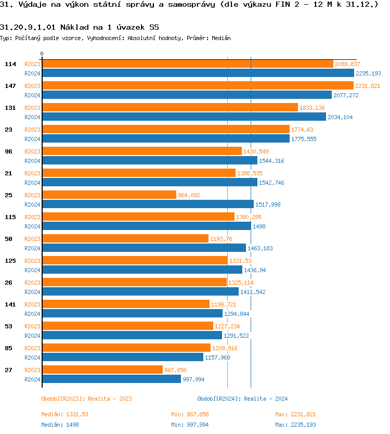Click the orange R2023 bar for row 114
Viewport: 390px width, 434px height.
click(x=187, y=64)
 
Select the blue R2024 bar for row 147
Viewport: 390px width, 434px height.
click(x=187, y=95)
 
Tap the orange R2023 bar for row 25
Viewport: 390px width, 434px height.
click(x=109, y=195)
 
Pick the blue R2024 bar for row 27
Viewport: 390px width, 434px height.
click(x=111, y=379)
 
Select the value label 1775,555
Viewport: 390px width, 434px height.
click(x=304, y=139)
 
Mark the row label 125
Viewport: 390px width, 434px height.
click(x=10, y=261)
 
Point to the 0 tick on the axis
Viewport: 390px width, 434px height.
click(x=42, y=54)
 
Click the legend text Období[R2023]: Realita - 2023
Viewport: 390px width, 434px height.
click(x=86, y=399)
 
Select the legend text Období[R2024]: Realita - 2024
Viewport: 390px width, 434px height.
click(x=242, y=399)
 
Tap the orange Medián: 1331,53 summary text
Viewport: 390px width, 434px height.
click(x=64, y=415)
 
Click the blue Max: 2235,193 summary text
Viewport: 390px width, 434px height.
click(x=295, y=425)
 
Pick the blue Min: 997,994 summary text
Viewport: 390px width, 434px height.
click(x=190, y=425)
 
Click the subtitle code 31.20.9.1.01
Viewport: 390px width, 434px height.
click(x=27, y=27)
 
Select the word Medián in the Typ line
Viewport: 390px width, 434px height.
click(x=222, y=38)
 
